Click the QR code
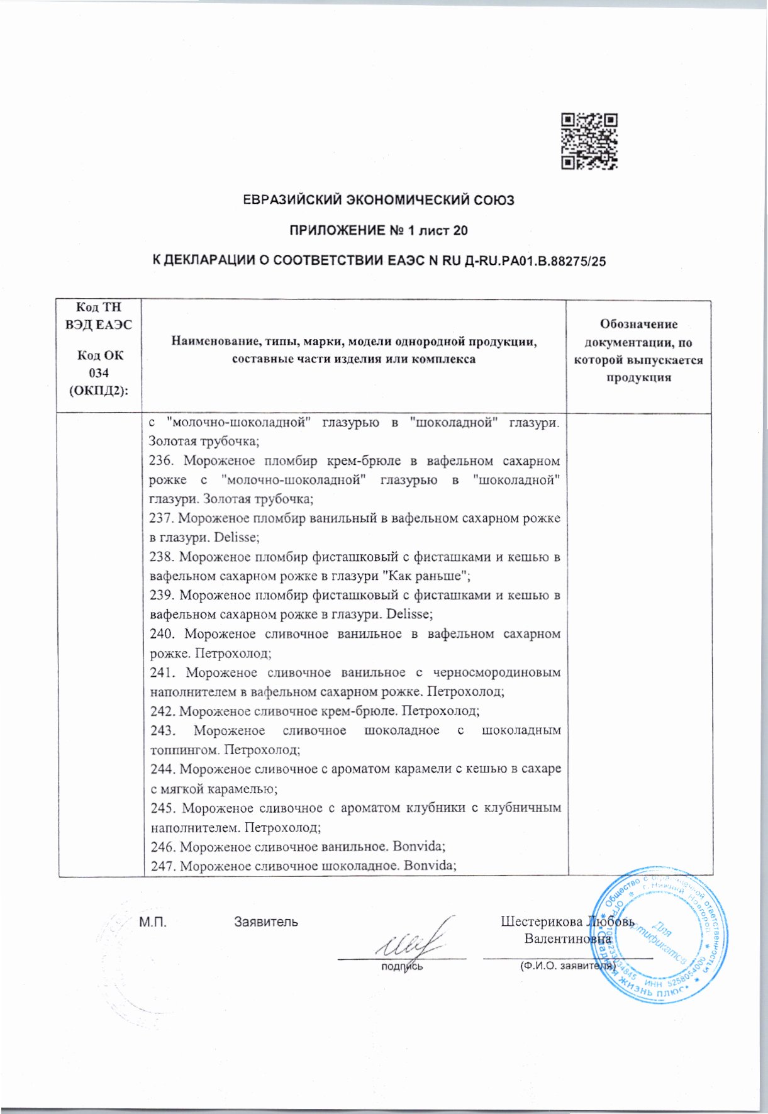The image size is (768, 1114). coord(589,142)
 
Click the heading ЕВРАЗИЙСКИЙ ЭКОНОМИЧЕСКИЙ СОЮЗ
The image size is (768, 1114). coord(379,201)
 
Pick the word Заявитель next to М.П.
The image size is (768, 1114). coord(266,922)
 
